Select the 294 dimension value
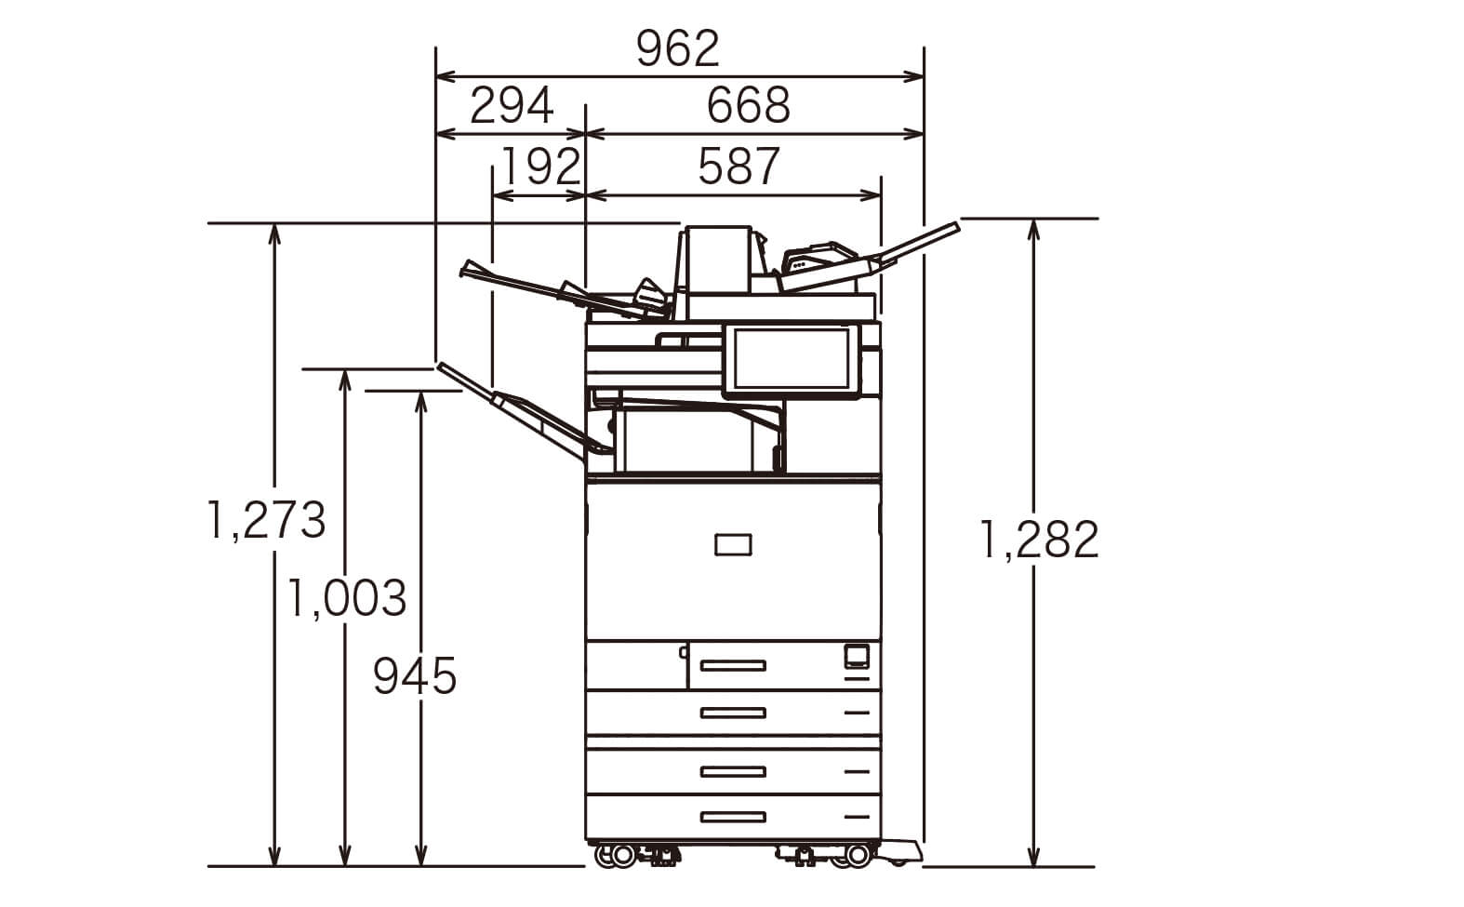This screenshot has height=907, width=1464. click(511, 106)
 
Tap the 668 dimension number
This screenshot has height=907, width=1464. click(749, 106)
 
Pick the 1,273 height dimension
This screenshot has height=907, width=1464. click(266, 520)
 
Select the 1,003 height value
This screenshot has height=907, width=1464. click(347, 598)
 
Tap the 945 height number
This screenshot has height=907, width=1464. click(414, 676)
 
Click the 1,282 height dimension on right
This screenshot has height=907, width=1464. click(1039, 540)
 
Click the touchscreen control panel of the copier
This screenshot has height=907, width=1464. click(792, 361)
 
